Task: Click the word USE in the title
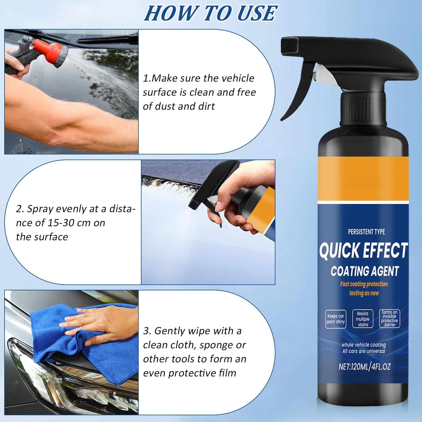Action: click(x=257, y=13)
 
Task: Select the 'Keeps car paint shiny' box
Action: click(x=335, y=319)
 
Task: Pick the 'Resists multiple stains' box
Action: click(x=363, y=319)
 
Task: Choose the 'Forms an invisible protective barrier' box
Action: click(x=389, y=318)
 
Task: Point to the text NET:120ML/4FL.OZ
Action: click(x=364, y=367)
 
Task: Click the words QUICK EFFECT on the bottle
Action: click(x=363, y=250)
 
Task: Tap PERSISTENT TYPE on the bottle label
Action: click(x=366, y=232)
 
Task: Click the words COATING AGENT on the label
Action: click(x=365, y=271)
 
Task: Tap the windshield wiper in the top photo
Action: click(x=107, y=39)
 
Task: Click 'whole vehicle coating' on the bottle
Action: click(x=363, y=345)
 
